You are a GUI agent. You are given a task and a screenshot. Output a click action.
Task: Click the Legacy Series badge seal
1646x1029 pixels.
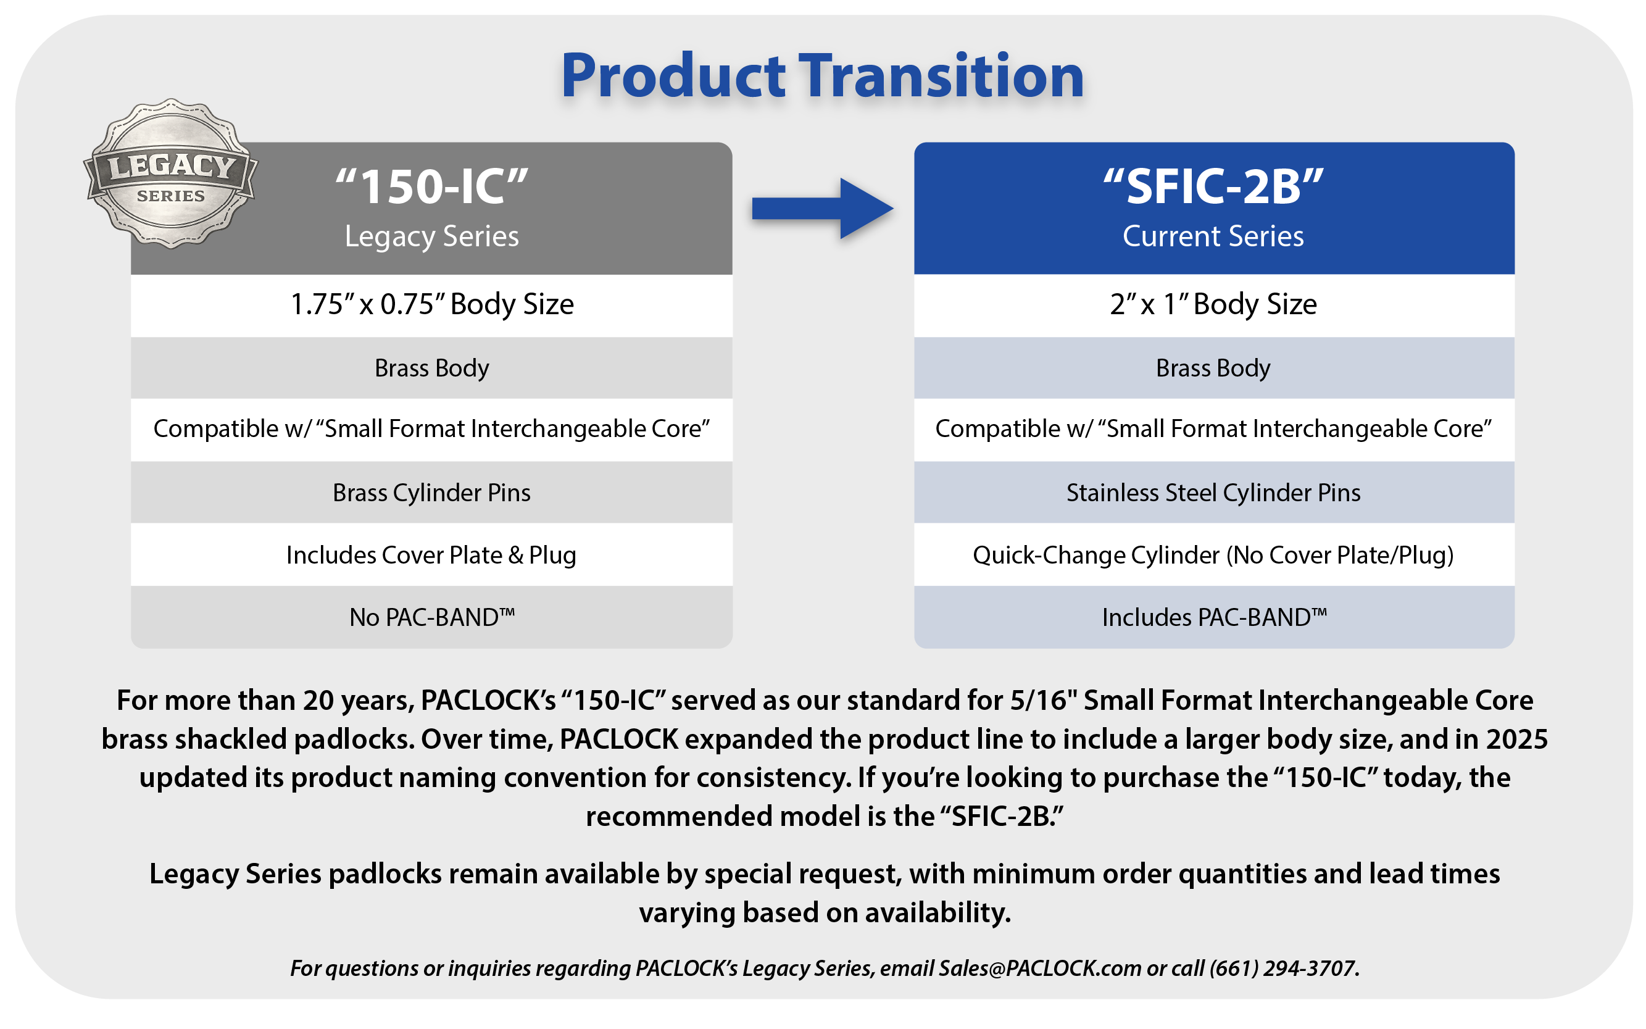pos(170,173)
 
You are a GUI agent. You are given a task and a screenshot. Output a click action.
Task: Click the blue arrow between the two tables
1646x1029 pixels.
pos(822,208)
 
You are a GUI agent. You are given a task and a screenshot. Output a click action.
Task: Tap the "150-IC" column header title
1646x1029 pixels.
pos(431,186)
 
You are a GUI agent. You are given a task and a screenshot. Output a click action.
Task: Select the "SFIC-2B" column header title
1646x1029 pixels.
pos(1213,186)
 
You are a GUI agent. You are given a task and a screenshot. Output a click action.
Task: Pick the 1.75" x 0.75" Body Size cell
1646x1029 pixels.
pos(431,304)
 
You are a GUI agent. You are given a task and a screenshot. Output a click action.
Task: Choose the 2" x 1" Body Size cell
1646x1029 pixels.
pos(1214,304)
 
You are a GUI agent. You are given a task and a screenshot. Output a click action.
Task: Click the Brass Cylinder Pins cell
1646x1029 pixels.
pos(431,492)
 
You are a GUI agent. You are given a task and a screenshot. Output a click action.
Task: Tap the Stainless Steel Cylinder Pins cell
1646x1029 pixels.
pos(1214,492)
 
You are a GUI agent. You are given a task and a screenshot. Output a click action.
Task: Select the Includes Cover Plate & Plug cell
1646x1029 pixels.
pos(431,555)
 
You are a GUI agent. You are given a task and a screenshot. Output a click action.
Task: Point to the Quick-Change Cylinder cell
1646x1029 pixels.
pos(1214,555)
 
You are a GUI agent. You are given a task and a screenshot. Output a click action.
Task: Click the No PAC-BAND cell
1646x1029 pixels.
pos(431,617)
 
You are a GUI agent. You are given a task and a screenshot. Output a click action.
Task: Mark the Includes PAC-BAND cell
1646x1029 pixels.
pos(1214,617)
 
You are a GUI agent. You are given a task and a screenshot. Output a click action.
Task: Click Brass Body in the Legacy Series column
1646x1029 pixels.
pos(431,367)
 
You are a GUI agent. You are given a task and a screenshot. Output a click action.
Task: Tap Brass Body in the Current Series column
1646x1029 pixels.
pos(1214,367)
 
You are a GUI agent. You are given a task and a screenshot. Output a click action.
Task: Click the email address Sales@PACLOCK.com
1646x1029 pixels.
pos(1040,968)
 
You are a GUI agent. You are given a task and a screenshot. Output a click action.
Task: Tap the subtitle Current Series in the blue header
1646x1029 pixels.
pos(1213,236)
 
